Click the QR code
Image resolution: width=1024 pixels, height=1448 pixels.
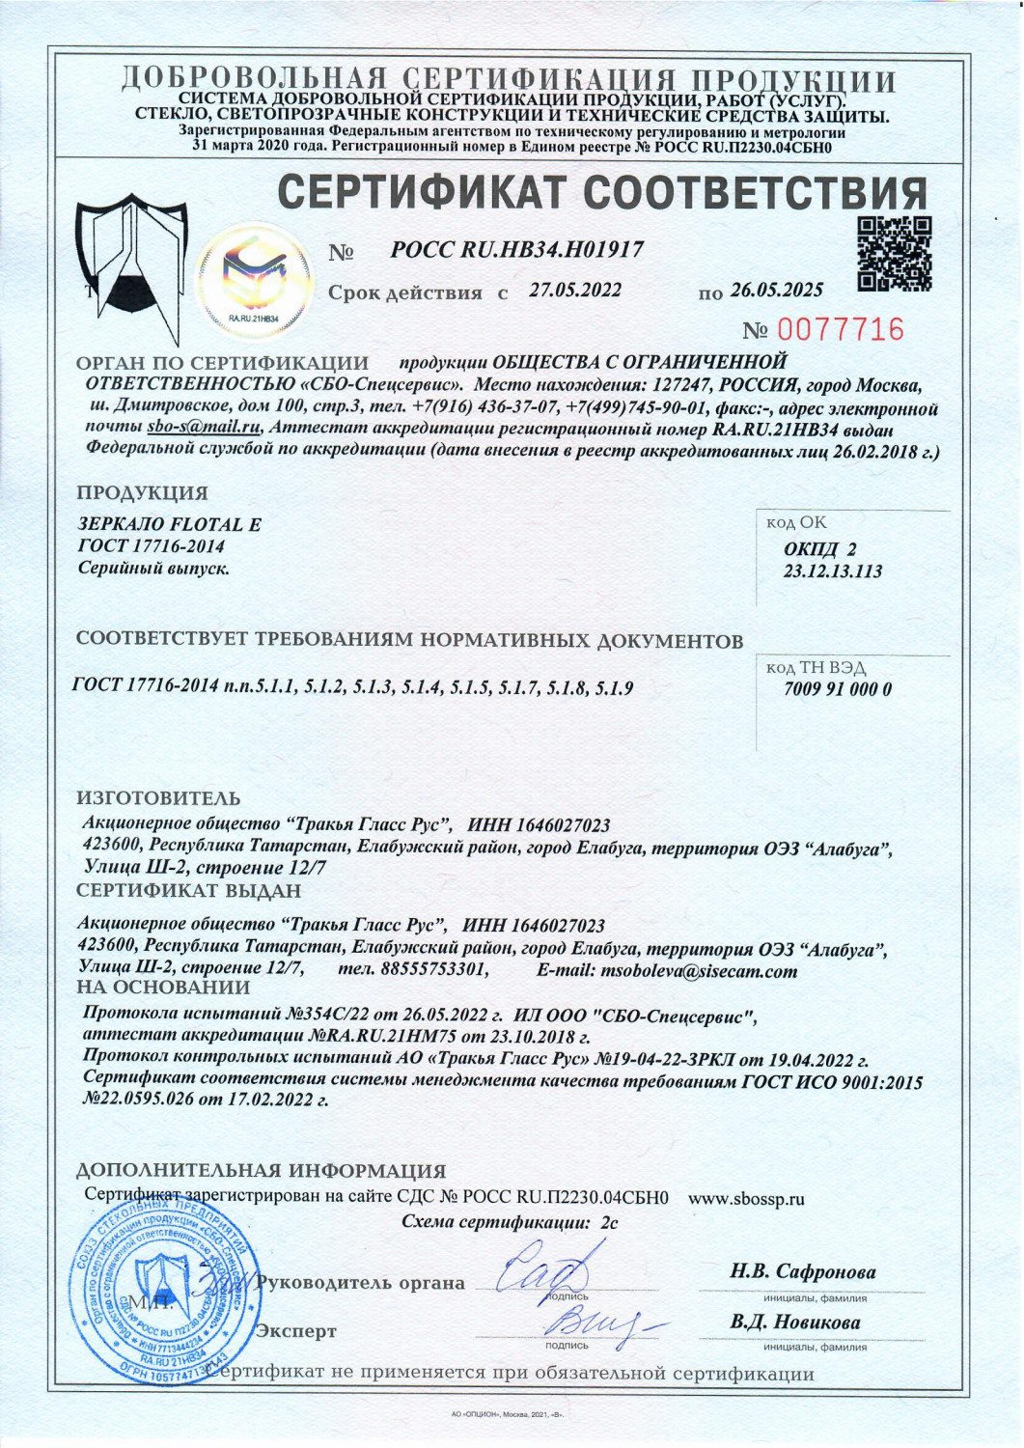(x=895, y=254)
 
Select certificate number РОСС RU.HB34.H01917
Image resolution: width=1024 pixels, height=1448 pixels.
(x=516, y=250)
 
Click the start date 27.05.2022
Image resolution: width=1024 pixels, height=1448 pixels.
(x=575, y=291)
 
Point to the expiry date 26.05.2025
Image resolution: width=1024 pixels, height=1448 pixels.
(x=777, y=291)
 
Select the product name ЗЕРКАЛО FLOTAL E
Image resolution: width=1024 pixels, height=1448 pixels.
(x=169, y=525)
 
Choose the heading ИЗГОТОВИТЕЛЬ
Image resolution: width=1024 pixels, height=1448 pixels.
(x=158, y=799)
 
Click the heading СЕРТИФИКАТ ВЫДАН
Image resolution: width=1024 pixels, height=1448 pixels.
(x=188, y=890)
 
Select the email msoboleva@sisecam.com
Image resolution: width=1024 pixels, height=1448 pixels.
(x=699, y=971)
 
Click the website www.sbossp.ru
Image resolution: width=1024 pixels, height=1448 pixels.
(x=746, y=1200)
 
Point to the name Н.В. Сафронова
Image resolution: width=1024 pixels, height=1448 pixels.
(x=803, y=1271)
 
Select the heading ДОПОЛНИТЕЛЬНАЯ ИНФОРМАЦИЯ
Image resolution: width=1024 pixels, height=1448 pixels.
(x=261, y=1171)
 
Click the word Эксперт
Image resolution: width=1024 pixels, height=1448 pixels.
(x=296, y=1331)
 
